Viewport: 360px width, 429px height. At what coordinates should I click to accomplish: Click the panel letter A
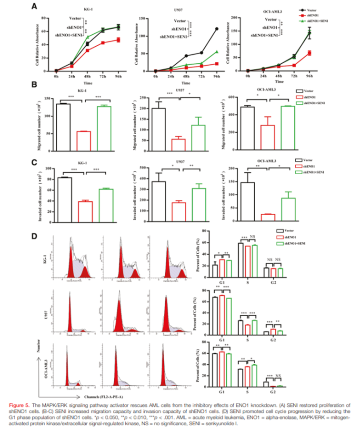coord(34,7)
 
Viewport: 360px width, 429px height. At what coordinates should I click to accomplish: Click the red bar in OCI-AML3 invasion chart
coord(268,217)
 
